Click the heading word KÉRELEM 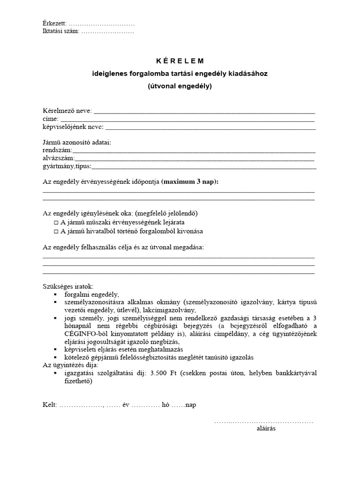[180, 61]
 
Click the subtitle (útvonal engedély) [180, 86]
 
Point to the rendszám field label [57, 150]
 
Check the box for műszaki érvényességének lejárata [56, 223]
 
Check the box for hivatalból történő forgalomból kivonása [56, 231]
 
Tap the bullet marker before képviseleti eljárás [56, 349]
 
